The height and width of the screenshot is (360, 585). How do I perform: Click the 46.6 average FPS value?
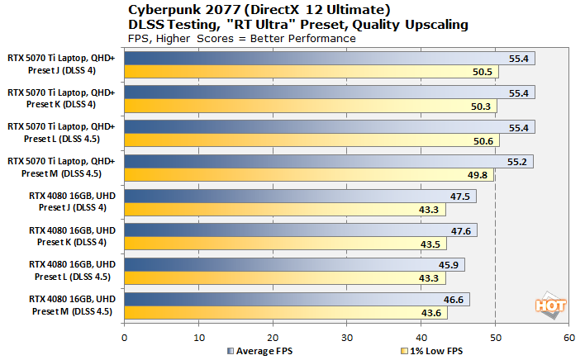(x=454, y=300)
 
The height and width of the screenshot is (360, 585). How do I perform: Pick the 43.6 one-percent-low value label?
(x=432, y=312)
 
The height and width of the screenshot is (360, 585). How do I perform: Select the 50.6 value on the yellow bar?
(x=484, y=140)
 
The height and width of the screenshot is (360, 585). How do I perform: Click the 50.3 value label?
(x=482, y=106)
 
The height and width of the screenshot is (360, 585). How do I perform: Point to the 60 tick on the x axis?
(x=568, y=338)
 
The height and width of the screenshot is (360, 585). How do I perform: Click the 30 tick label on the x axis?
(x=346, y=338)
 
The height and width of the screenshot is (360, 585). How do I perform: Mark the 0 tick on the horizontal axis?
(x=124, y=338)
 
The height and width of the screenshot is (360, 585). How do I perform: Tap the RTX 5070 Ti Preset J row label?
(x=63, y=64)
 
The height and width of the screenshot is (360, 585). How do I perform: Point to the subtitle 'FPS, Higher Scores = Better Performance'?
(x=242, y=38)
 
